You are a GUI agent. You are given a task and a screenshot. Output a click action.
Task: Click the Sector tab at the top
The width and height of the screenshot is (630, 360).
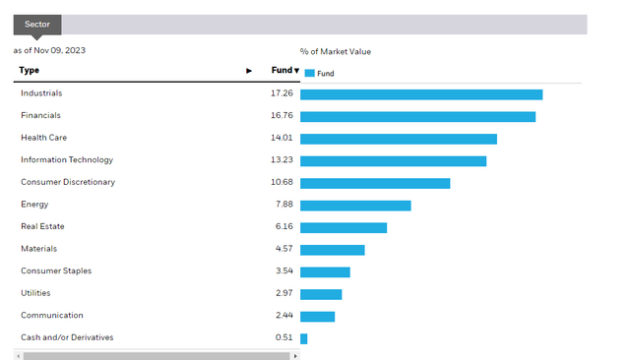[x=37, y=25]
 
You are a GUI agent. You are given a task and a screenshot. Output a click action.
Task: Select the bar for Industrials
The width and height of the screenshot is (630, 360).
[x=421, y=94]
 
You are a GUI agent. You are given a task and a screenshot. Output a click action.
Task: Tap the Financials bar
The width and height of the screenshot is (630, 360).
[x=417, y=117]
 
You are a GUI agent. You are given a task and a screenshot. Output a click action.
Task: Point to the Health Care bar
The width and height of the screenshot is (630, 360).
[x=398, y=139]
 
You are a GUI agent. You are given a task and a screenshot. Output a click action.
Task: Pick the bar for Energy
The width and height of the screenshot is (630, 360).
[x=354, y=206]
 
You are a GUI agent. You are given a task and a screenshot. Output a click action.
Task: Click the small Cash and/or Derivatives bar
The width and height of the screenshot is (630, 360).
[x=303, y=338]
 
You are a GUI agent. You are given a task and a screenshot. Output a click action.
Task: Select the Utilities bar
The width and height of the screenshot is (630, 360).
[x=321, y=294]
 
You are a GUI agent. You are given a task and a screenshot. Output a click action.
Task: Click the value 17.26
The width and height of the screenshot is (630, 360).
[x=282, y=93]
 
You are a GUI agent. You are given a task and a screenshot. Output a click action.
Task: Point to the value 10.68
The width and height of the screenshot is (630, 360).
[x=282, y=182]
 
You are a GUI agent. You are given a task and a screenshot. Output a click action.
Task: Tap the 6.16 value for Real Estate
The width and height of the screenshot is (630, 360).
[x=283, y=226]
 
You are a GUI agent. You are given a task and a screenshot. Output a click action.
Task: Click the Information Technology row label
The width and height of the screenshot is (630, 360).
[x=67, y=160]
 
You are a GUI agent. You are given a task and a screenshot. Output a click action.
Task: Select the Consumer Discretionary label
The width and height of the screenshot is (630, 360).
[x=68, y=182]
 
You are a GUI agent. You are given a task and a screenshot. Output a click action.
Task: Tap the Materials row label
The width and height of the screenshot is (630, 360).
[x=39, y=249]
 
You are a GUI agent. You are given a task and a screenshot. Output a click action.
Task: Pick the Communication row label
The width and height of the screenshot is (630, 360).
[x=52, y=316]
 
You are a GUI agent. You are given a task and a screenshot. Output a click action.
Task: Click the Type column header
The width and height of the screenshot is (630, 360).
[x=30, y=71]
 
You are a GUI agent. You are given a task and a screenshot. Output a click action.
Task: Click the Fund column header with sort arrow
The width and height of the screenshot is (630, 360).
[x=284, y=71]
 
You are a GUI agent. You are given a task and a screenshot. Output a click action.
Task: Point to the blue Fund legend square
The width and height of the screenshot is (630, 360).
[x=309, y=73]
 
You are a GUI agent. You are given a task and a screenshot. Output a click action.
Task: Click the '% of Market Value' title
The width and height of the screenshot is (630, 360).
[x=336, y=52]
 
